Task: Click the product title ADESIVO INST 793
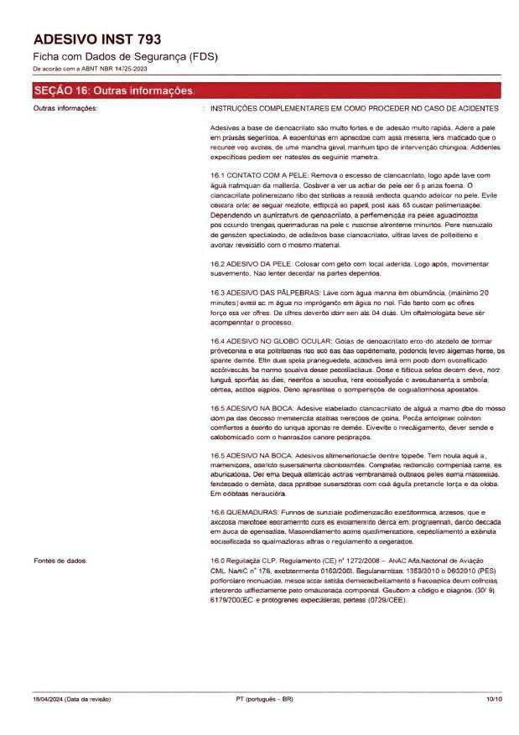(96, 39)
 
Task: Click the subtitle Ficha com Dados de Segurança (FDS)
(124, 56)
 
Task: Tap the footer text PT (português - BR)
(264, 699)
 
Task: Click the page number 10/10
(493, 699)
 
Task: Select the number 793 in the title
(144, 39)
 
